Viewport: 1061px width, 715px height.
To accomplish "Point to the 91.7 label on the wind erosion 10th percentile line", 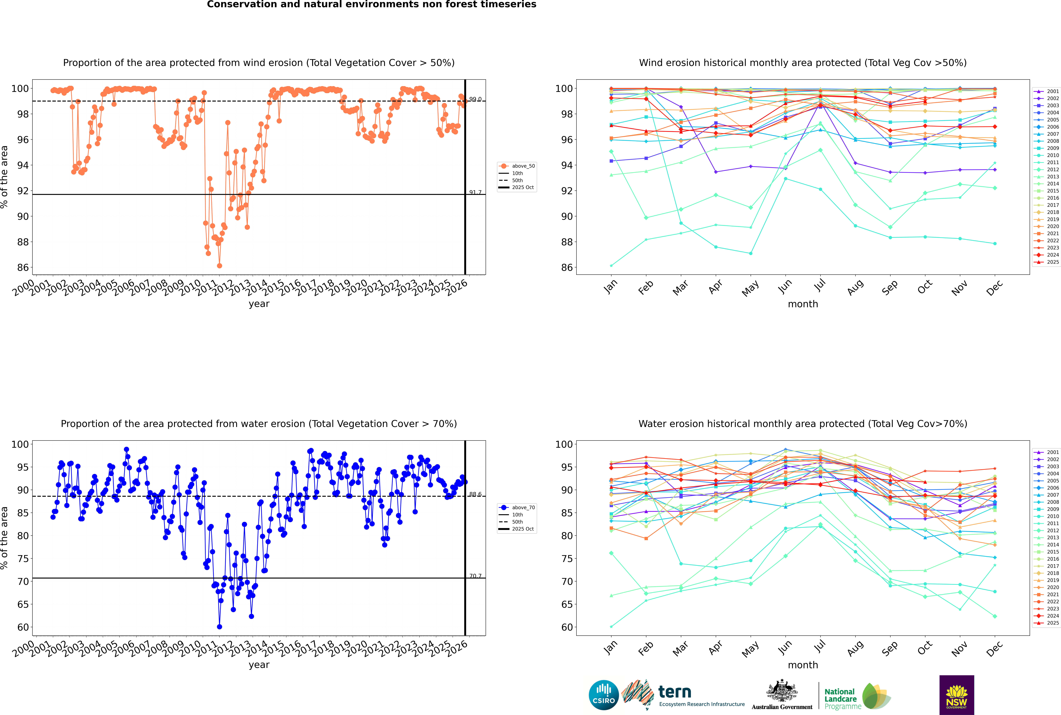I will (x=475, y=192).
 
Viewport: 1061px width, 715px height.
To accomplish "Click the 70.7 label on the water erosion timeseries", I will (x=475, y=576).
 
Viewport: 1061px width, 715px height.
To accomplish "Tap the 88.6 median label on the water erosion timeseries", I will (x=475, y=494).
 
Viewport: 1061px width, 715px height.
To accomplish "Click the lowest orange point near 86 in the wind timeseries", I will (x=219, y=265).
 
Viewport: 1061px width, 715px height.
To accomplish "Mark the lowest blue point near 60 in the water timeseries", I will (x=219, y=627).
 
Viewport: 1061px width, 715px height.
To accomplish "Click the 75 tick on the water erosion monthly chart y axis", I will (x=567, y=559).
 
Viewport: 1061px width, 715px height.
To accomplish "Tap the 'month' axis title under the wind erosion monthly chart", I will (x=803, y=304).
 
